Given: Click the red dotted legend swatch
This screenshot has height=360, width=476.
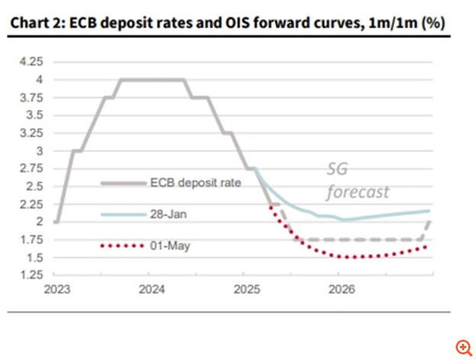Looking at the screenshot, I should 123,246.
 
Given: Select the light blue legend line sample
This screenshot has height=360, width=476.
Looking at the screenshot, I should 123,215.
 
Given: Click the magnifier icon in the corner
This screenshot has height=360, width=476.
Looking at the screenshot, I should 462,346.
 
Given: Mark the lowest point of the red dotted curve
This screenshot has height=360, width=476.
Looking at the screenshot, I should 352,257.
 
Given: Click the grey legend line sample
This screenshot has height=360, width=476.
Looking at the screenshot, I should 123,183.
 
